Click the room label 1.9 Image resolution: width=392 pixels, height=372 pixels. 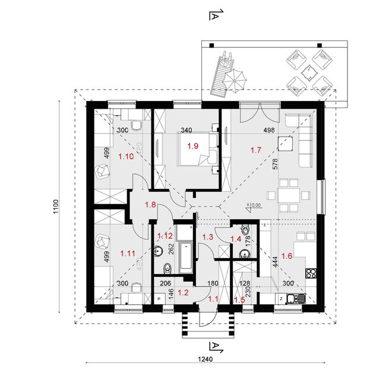point(192,146)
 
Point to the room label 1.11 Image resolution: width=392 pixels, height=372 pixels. point(127,253)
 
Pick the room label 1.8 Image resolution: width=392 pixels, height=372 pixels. point(151,206)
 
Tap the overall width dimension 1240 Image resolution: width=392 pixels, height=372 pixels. point(206,360)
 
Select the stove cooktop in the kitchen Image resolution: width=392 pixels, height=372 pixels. point(309,274)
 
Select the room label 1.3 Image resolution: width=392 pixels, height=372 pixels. point(208,237)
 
